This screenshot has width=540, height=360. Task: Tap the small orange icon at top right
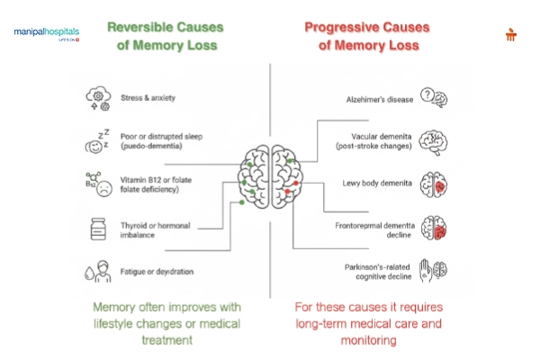[x=511, y=35]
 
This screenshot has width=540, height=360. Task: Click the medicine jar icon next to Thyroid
[x=97, y=229]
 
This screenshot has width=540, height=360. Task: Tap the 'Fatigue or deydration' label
[x=157, y=271]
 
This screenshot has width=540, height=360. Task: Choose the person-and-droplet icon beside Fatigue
[x=97, y=271]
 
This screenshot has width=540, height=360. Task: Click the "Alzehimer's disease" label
[x=380, y=98]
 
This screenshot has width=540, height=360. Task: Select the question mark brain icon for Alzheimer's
[x=435, y=97]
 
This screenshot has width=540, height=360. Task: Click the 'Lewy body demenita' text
[x=378, y=183]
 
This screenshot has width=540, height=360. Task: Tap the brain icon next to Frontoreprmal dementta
[x=435, y=229]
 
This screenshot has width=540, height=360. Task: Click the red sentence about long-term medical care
[x=369, y=324]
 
